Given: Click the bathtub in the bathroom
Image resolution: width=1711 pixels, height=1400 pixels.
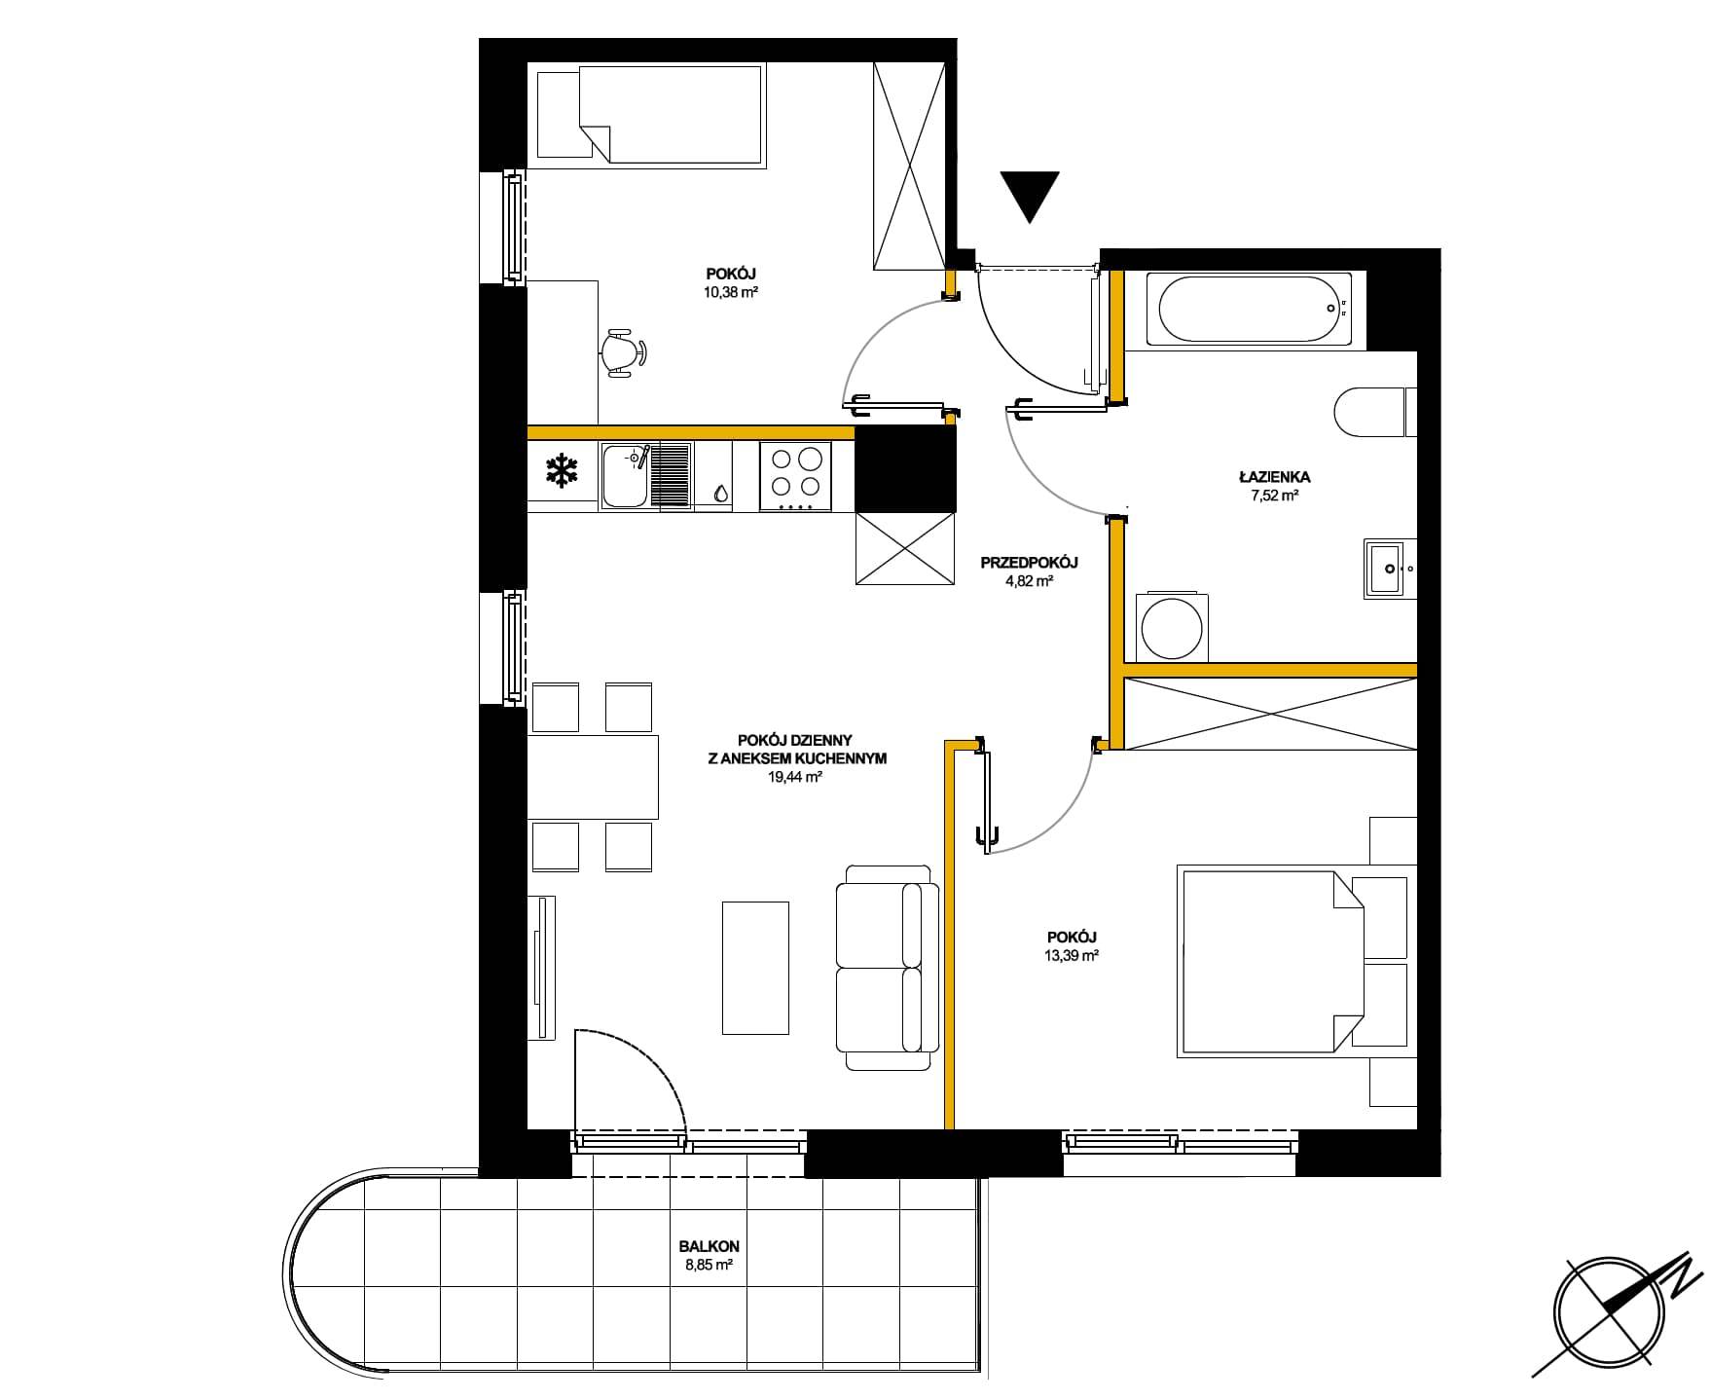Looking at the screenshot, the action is pyautogui.click(x=1249, y=309).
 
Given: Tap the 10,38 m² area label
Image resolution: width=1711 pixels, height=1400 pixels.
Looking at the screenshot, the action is pyautogui.click(x=731, y=291).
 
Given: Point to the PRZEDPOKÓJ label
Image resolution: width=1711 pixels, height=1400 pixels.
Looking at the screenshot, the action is pyautogui.click(x=1030, y=563).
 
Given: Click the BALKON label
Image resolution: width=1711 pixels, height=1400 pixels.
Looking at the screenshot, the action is pyautogui.click(x=710, y=1246).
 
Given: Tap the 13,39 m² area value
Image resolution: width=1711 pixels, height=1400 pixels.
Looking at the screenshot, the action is pyautogui.click(x=1070, y=955).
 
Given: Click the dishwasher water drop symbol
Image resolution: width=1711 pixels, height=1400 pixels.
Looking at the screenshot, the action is pyautogui.click(x=720, y=493).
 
